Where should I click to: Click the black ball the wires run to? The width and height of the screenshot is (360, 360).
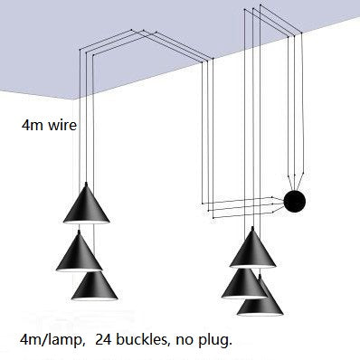[x=294, y=202]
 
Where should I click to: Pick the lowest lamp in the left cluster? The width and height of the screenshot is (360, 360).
[x=98, y=287]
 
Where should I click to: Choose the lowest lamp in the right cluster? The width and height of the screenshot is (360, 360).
[x=259, y=299]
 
